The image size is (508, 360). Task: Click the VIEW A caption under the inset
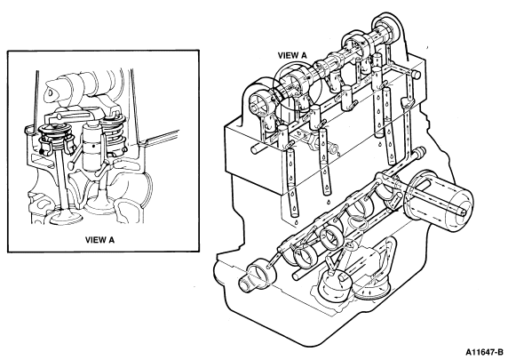(x=99, y=240)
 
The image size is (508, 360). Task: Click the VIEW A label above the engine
(x=292, y=55)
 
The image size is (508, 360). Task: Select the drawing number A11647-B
(x=484, y=352)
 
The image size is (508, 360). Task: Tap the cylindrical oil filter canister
(x=437, y=200)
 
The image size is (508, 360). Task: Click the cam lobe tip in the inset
(x=50, y=92)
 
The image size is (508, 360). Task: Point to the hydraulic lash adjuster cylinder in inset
(x=91, y=147)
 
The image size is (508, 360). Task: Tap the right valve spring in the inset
(x=114, y=133)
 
